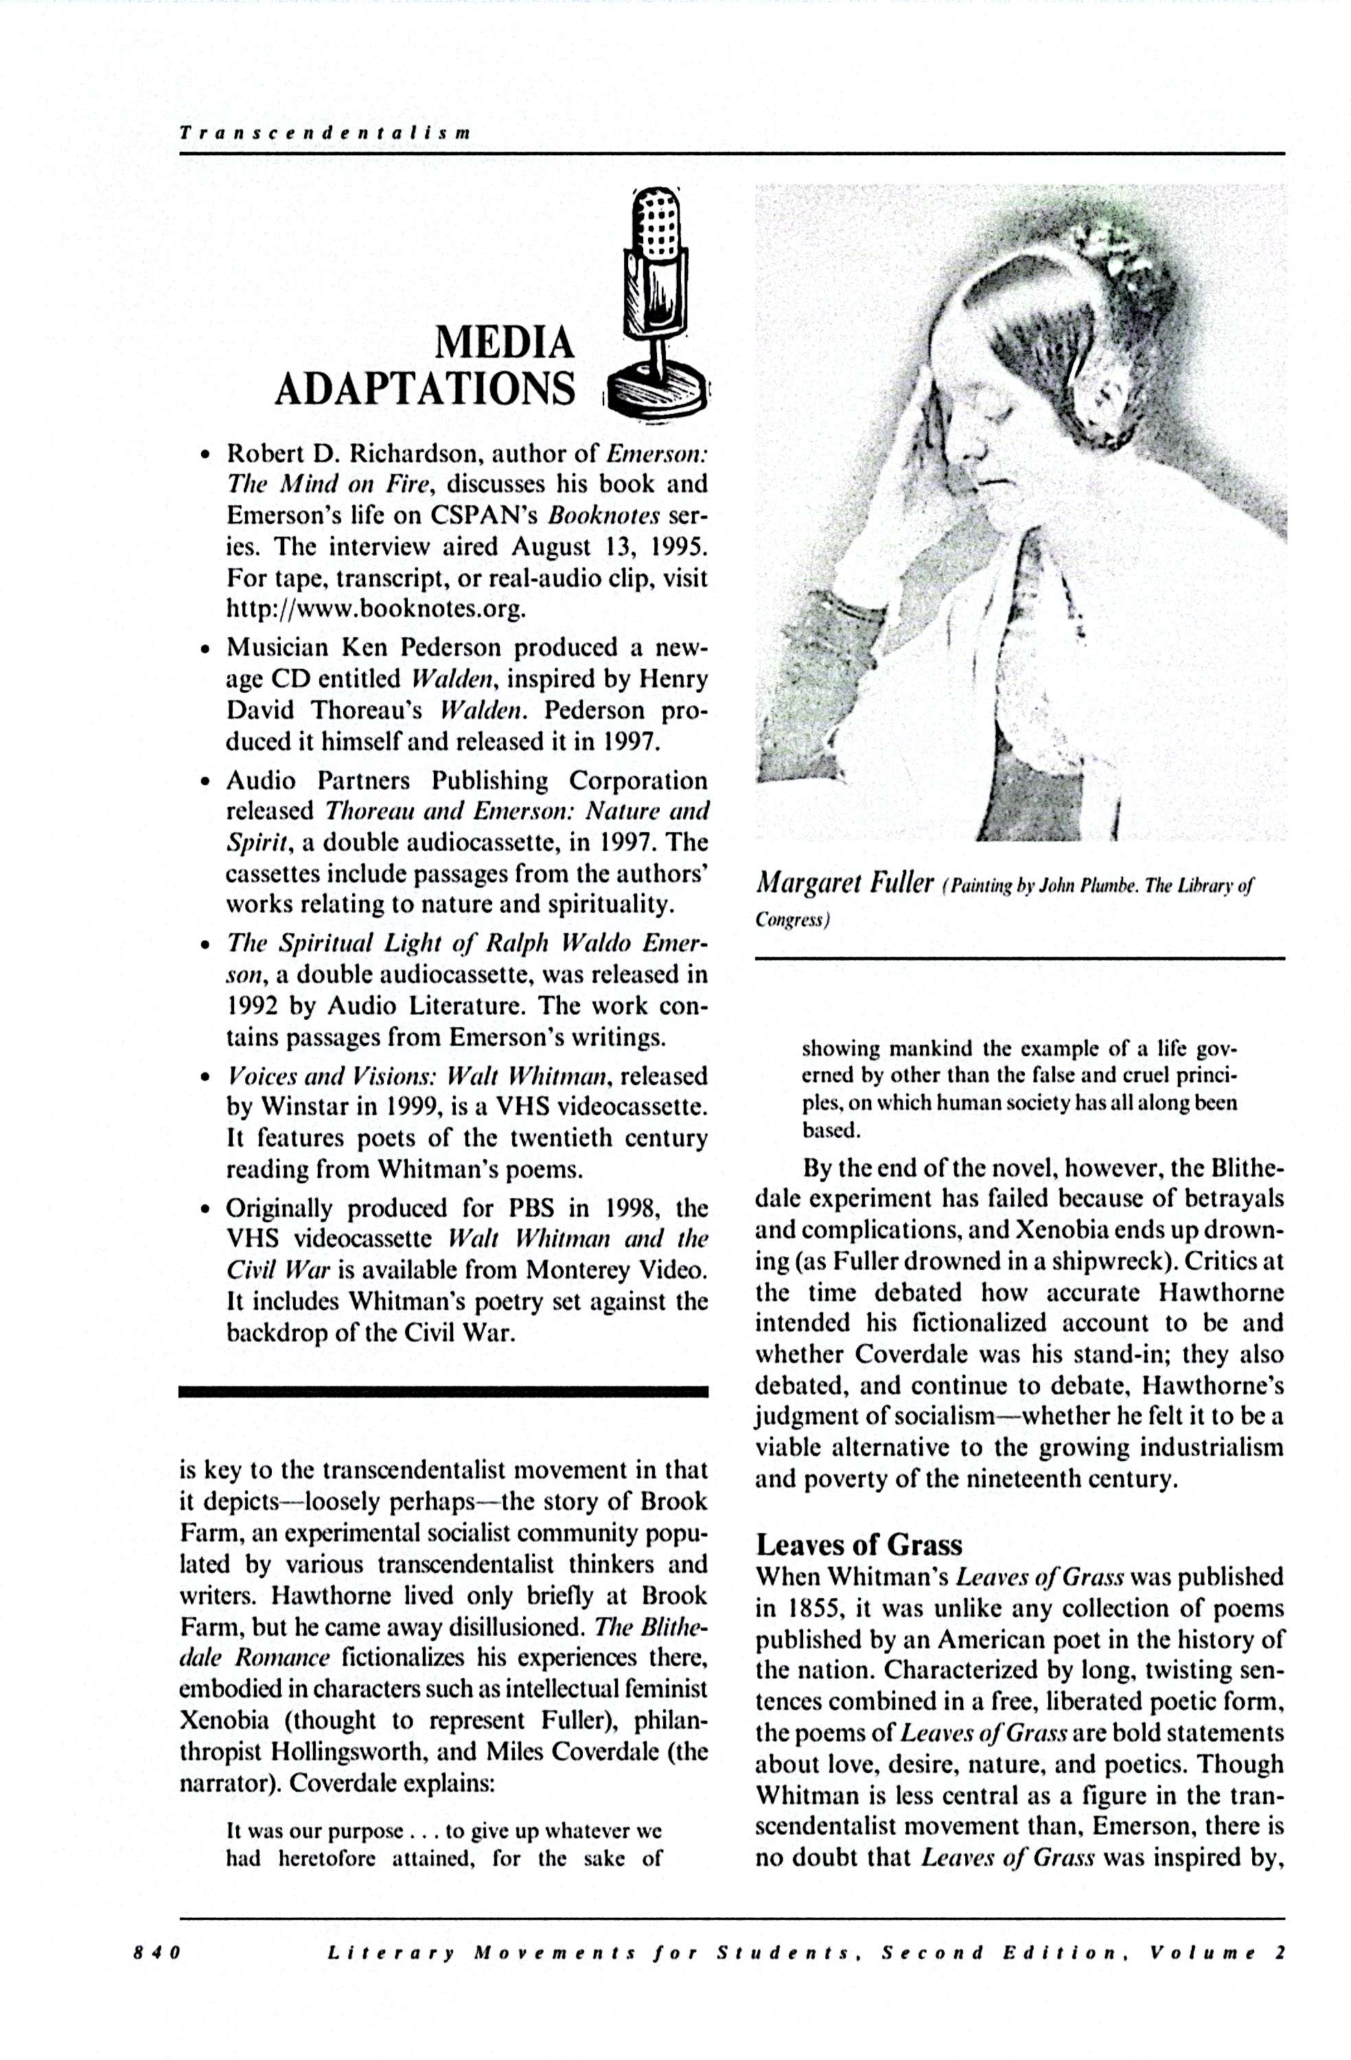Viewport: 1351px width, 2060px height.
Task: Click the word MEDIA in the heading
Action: pyautogui.click(x=504, y=343)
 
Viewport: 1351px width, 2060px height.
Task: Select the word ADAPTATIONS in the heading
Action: pyautogui.click(x=424, y=389)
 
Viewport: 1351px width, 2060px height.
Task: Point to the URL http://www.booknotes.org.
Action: pyautogui.click(x=376, y=609)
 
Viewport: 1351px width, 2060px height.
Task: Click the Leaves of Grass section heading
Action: pyautogui.click(x=859, y=1545)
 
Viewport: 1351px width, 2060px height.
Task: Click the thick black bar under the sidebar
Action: pyautogui.click(x=443, y=1392)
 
